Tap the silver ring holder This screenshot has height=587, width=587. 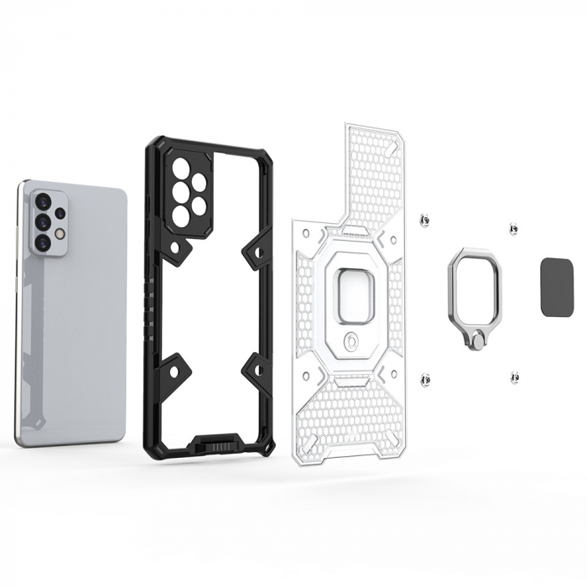[474, 278]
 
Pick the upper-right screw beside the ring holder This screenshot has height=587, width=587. [513, 229]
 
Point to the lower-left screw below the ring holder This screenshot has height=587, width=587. [425, 379]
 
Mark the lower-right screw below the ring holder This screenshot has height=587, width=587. [512, 378]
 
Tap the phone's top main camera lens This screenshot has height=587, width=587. [41, 200]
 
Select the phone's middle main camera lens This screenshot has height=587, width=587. [41, 221]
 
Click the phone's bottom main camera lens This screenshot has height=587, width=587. [42, 242]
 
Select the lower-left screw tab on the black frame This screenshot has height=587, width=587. [171, 370]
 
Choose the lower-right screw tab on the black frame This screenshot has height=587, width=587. [255, 370]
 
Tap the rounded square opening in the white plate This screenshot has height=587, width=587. [352, 294]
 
